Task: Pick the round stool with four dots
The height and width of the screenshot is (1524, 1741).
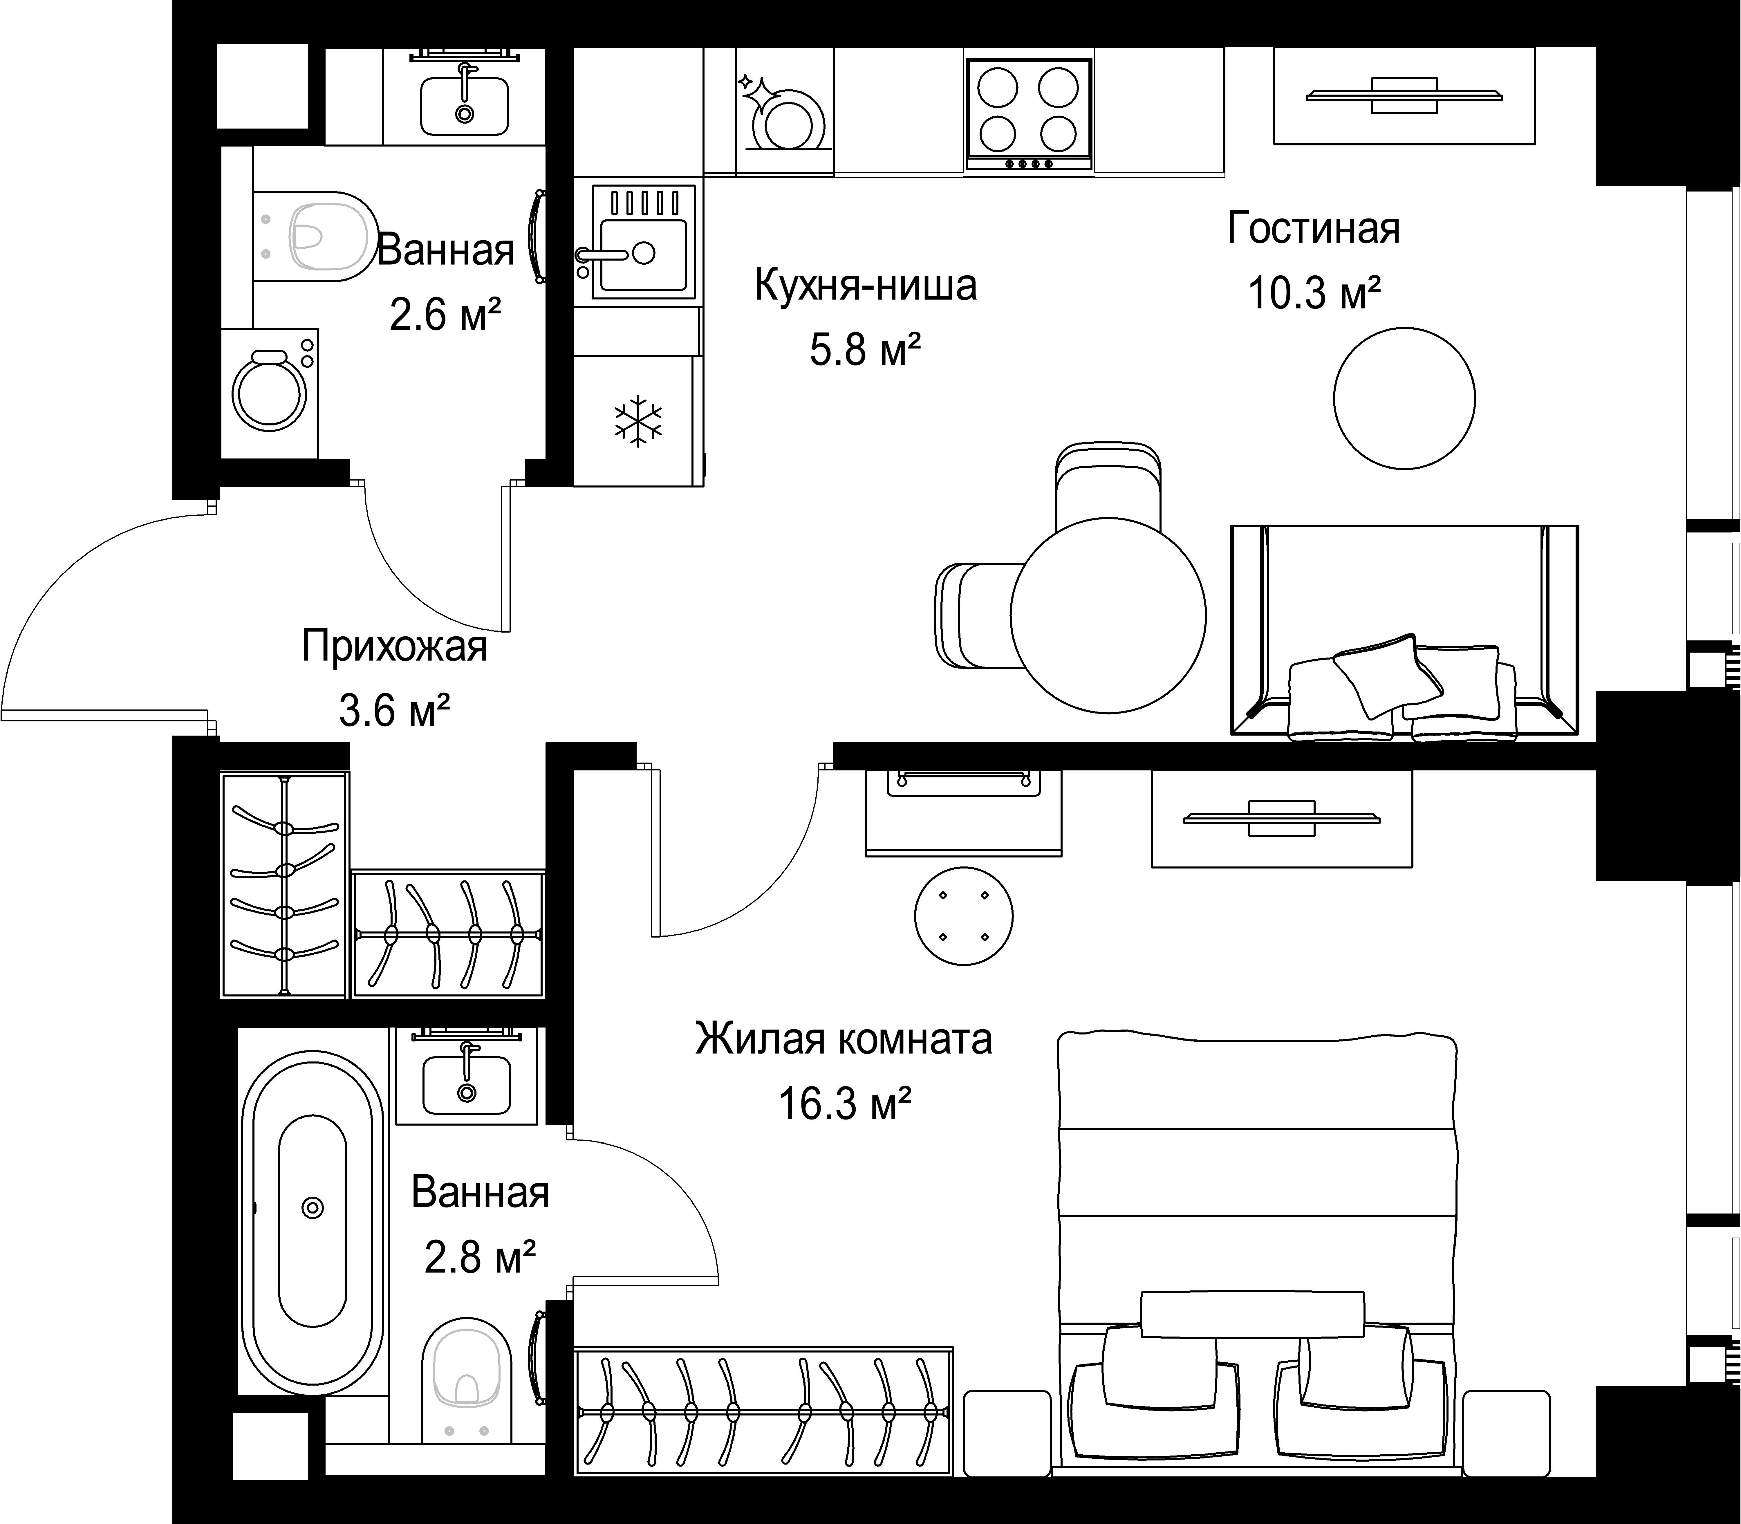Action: click(964, 916)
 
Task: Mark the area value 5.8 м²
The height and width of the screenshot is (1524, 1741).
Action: click(865, 349)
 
